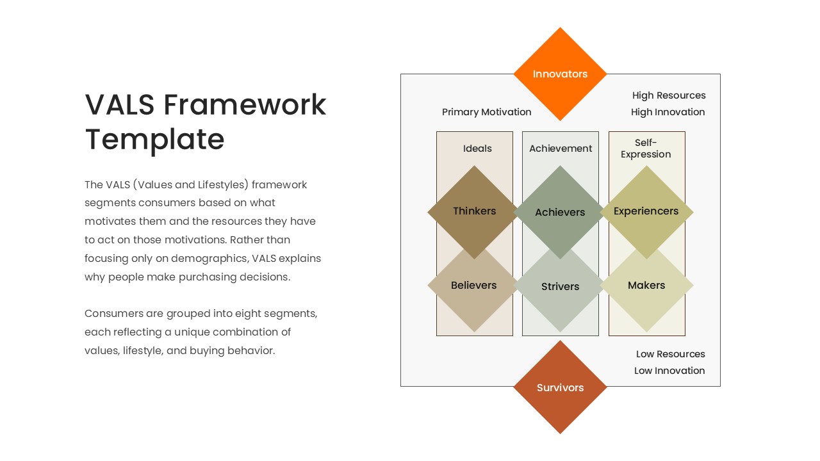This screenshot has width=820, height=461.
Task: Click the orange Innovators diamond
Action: tap(560, 74)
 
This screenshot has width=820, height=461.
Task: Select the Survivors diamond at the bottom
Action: tap(560, 387)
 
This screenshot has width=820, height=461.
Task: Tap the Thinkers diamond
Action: tap(474, 211)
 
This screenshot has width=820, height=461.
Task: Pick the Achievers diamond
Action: tap(560, 212)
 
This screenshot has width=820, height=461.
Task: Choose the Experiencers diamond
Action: tap(646, 211)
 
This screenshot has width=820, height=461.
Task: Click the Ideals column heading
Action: tap(477, 149)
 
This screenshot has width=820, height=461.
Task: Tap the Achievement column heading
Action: tap(561, 149)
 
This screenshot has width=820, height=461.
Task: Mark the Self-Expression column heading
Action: tap(646, 149)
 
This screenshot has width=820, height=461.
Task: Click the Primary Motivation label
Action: tap(486, 112)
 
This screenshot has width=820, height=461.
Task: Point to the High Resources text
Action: tap(668, 95)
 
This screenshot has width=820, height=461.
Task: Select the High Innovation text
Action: tap(668, 112)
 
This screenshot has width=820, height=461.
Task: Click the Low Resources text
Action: tap(670, 354)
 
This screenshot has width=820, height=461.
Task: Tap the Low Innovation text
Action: tap(669, 371)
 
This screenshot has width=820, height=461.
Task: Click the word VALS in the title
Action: tap(120, 104)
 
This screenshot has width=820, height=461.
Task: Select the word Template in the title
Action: tap(154, 139)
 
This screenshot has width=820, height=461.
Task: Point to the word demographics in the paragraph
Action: tap(215, 259)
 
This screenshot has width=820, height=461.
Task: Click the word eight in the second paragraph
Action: tap(248, 314)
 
